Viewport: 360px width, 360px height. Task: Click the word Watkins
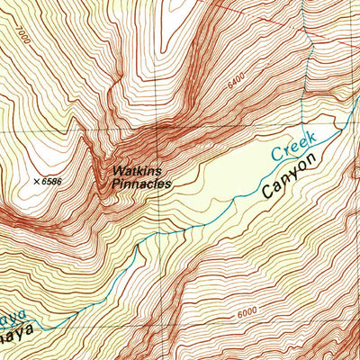point(138,169)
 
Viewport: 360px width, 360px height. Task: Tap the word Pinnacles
point(141,183)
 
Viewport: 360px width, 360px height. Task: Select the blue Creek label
point(292,144)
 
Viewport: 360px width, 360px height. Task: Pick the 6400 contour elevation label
point(236,81)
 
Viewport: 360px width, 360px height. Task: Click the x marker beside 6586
point(36,183)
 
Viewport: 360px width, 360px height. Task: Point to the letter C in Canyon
point(267,192)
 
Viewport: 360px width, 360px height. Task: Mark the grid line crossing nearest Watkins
point(158,131)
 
